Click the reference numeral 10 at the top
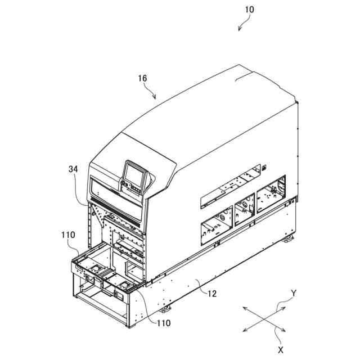click(249, 10)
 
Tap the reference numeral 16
click(142, 79)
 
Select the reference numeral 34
click(73, 169)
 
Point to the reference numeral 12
click(211, 293)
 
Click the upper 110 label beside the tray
click(68, 234)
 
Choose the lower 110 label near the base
click(164, 323)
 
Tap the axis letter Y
click(294, 292)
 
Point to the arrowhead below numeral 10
click(239, 30)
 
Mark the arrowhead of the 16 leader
click(156, 99)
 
